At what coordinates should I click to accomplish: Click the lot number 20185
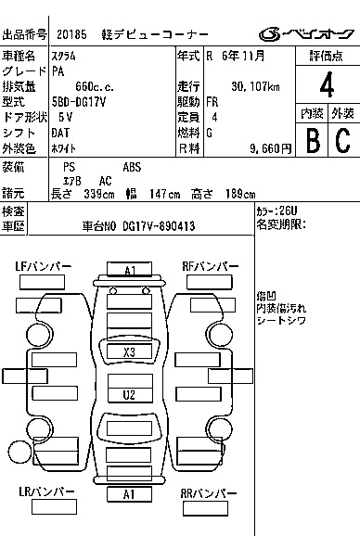[x=71, y=34]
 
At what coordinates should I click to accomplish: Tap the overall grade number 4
[x=327, y=84]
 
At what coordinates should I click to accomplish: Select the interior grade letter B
[x=313, y=140]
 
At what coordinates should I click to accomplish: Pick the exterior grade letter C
[x=343, y=140]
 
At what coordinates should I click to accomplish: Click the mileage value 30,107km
[x=255, y=87]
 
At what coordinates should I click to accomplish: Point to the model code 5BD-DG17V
[x=79, y=102]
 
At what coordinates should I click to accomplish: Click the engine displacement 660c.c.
[x=95, y=87]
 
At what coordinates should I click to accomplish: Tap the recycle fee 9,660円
[x=270, y=148]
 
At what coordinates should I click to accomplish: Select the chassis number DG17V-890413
[x=159, y=226]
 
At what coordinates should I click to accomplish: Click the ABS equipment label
[x=132, y=167]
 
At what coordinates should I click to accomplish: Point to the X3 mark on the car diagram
[x=129, y=351]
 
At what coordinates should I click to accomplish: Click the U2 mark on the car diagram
[x=129, y=395]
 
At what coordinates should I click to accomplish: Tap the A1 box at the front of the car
[x=130, y=269]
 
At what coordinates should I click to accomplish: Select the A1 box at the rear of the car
[x=129, y=494]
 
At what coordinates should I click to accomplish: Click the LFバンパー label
[x=43, y=267]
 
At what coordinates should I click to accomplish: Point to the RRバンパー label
[x=208, y=493]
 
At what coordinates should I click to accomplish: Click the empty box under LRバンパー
[x=54, y=506]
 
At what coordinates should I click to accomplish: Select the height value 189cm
[x=240, y=194]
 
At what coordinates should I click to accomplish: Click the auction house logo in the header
[x=306, y=34]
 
